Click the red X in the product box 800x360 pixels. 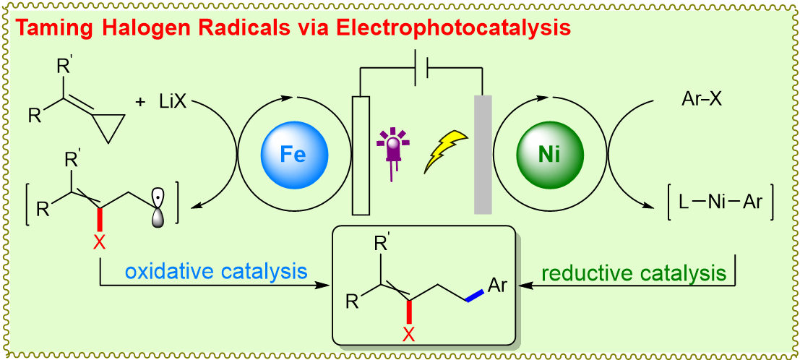pos(408,334)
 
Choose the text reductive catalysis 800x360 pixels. pos(634,273)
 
